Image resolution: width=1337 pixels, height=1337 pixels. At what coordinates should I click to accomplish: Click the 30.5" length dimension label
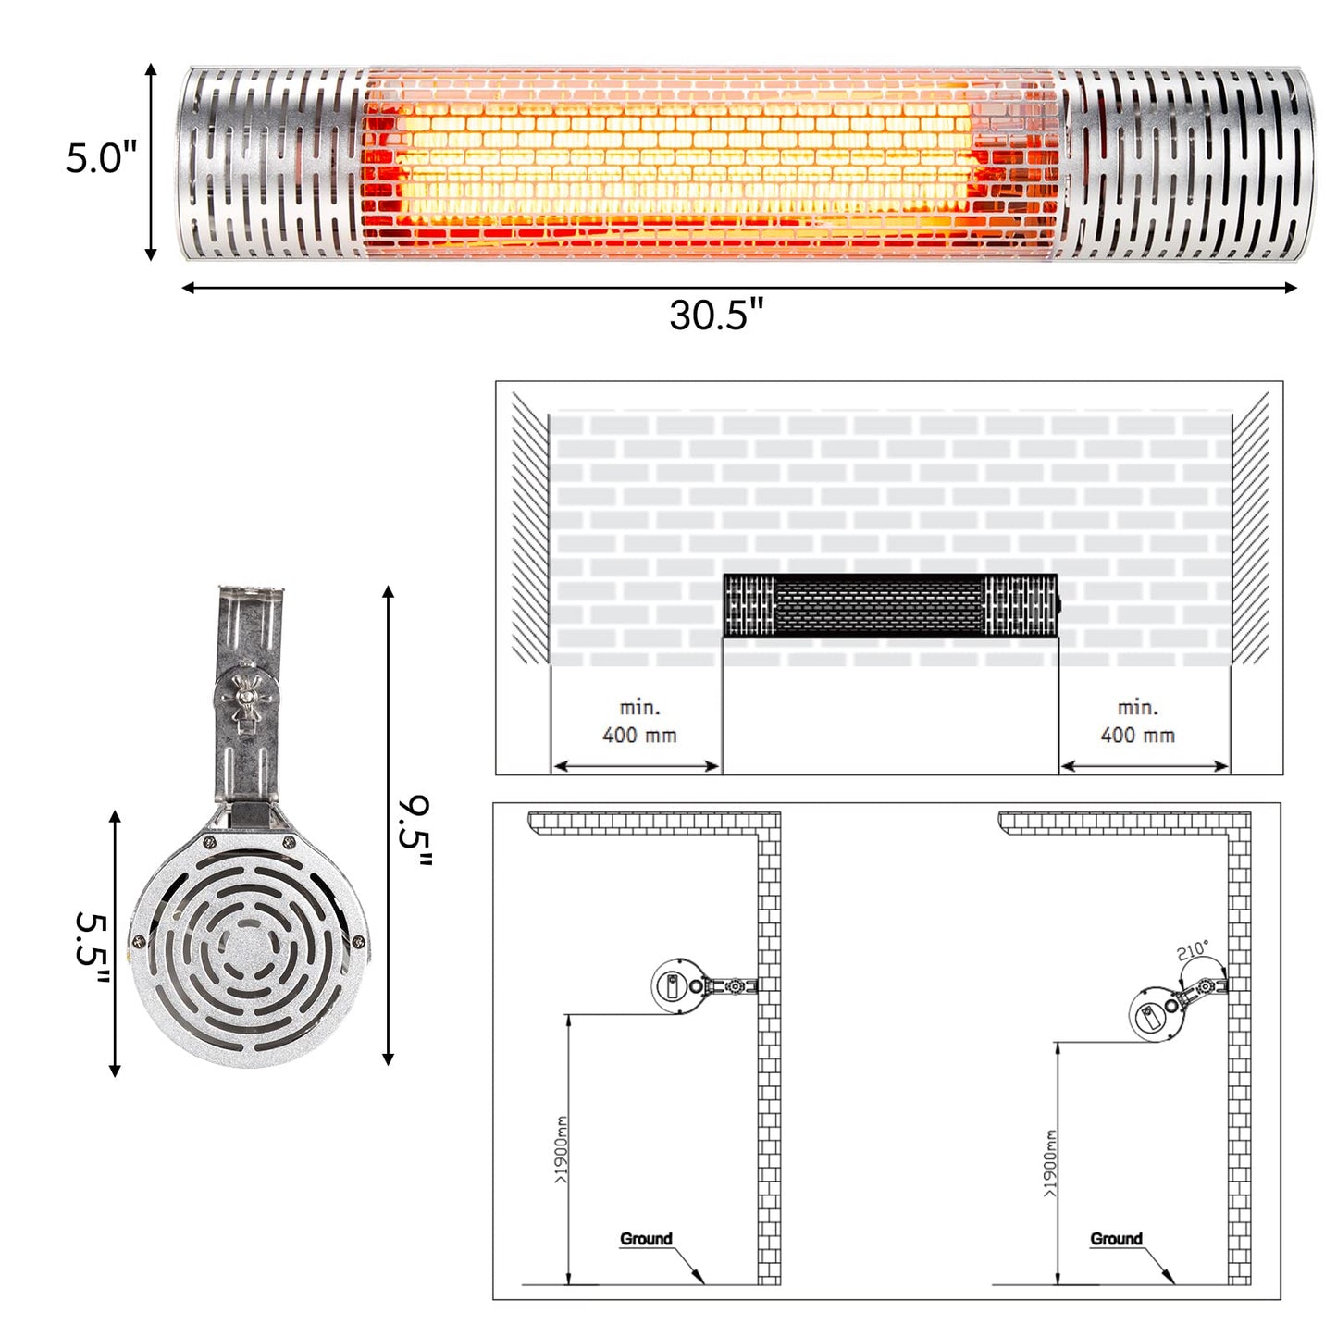716,316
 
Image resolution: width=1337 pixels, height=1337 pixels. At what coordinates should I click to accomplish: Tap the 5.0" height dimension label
101,158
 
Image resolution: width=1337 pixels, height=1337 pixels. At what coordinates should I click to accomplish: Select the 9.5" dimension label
415,831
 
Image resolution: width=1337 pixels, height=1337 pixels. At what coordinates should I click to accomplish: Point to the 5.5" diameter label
93,950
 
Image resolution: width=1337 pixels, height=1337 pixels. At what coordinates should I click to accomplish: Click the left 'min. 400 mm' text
638,722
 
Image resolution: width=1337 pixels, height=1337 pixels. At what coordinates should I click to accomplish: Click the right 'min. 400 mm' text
1137,722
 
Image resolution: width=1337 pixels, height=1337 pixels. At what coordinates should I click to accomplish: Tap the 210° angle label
1192,950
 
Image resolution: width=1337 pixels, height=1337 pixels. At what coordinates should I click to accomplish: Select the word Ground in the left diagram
646,1239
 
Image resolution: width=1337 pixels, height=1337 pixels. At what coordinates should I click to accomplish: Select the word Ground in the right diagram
1116,1239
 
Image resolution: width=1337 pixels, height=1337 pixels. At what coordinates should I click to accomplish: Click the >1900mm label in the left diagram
561,1150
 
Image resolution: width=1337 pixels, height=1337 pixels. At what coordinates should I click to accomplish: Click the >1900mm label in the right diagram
1049,1164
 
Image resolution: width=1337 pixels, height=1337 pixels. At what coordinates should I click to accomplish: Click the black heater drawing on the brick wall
890,605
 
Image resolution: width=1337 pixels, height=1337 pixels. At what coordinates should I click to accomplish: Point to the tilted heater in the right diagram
1157,1016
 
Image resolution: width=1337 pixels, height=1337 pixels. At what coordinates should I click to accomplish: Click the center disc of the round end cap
247,948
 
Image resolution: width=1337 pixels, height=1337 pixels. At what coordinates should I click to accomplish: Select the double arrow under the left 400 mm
636,766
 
